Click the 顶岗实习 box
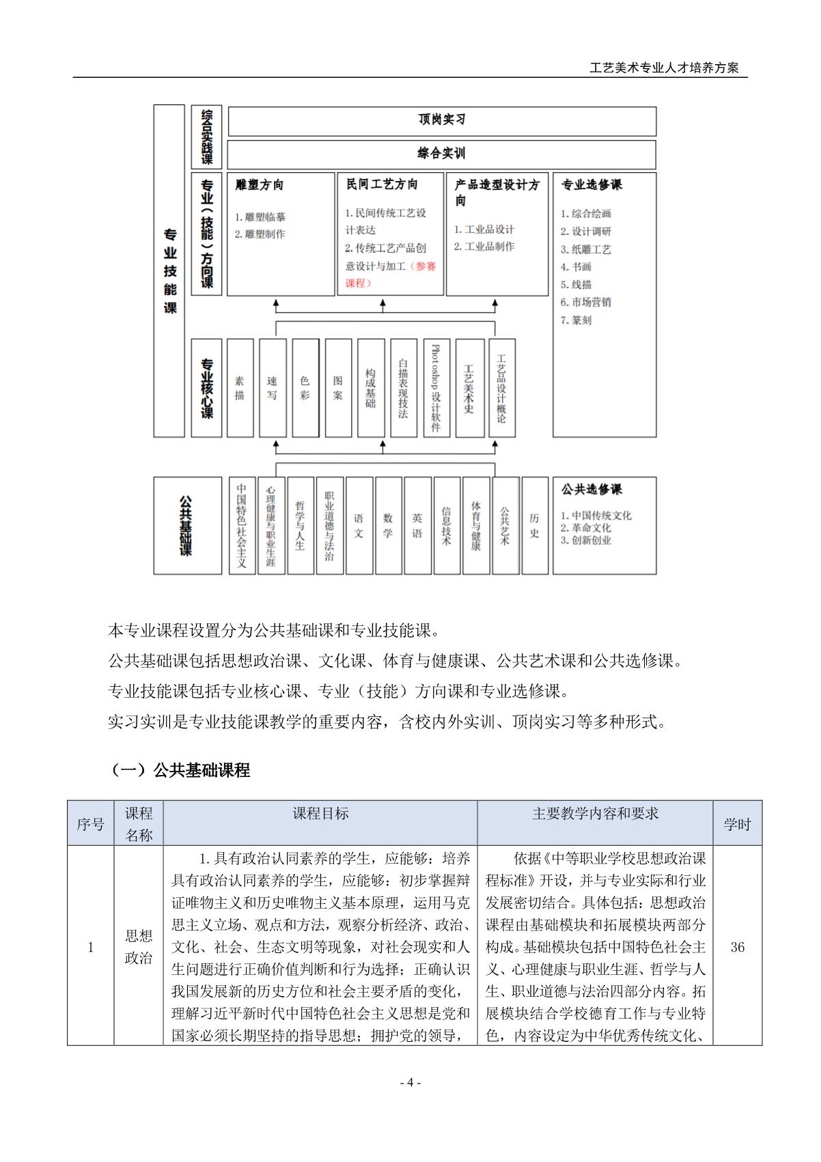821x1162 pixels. (441, 120)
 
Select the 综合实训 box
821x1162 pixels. (441, 154)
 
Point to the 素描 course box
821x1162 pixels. (240, 388)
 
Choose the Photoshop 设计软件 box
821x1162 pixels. (436, 388)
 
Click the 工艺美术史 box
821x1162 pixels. (469, 388)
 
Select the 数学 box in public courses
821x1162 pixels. (388, 525)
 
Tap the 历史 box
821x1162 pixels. (535, 525)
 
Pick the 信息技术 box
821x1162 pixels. (447, 525)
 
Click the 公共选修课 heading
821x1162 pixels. (592, 490)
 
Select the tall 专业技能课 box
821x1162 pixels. (169, 270)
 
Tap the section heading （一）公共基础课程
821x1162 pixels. (180, 770)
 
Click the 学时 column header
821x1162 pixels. (737, 823)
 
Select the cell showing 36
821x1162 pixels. (737, 947)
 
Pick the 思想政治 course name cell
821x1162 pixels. (139, 947)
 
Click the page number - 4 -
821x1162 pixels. (410, 1082)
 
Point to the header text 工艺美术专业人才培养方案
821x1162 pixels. (664, 68)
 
